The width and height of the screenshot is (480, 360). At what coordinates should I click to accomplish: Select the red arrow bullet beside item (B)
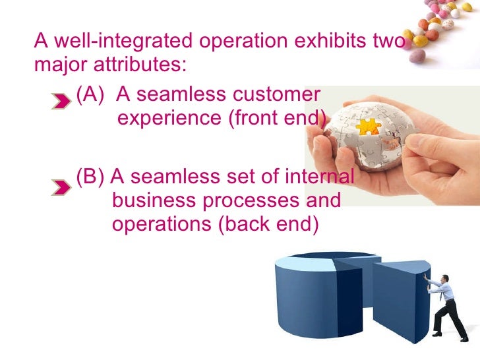point(61,187)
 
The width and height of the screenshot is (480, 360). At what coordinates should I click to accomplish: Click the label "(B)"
point(91,177)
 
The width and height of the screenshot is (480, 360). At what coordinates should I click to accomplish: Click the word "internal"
point(320,177)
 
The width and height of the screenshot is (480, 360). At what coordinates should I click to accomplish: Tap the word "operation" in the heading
point(241,42)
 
